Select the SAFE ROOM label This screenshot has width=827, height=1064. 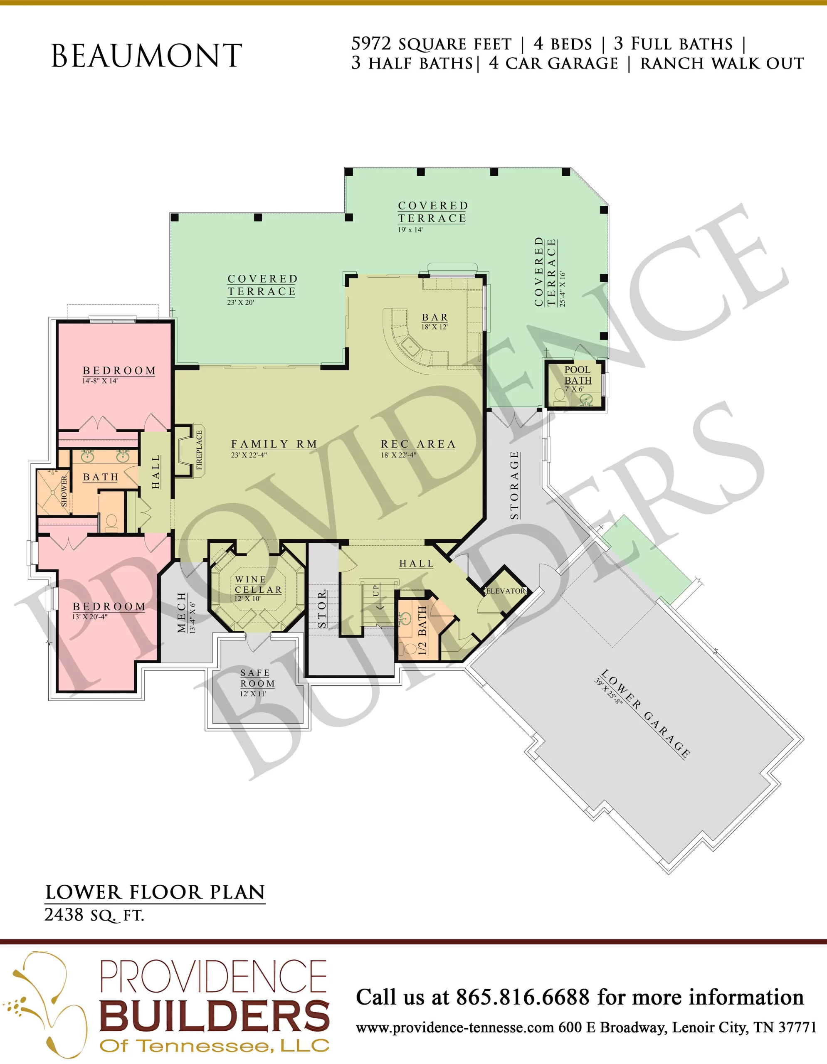point(257,678)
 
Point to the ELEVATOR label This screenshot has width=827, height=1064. point(506,591)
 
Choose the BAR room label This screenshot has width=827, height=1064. point(434,317)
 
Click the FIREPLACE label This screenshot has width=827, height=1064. point(199,450)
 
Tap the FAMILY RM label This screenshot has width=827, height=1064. point(274,444)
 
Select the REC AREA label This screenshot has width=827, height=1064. point(418,444)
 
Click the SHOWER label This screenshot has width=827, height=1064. point(64,492)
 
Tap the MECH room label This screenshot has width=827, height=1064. point(182,612)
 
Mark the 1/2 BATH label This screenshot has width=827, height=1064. point(422,631)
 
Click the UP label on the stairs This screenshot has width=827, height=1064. point(376,591)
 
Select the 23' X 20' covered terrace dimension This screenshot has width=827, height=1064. point(241,302)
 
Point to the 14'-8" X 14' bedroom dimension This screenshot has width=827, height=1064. point(100,380)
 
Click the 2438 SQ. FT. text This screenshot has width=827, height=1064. point(94,915)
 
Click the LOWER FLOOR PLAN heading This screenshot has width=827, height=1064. point(155,892)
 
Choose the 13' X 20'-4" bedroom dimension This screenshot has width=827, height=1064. point(90,616)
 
